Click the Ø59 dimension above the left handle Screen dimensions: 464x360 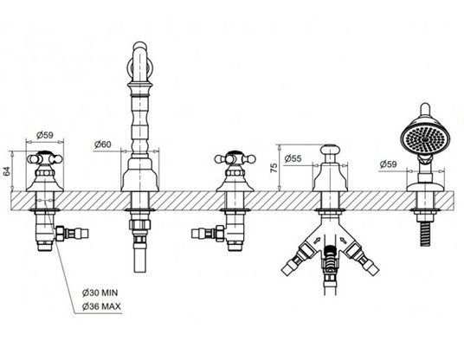(45, 135)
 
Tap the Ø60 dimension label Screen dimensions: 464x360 (103, 145)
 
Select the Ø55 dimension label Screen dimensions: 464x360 (293, 159)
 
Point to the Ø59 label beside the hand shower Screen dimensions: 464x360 (388, 164)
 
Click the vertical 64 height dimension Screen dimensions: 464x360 (8, 171)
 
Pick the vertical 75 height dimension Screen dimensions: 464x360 (274, 168)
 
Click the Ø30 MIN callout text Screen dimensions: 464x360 (100, 292)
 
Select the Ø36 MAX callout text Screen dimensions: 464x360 (101, 306)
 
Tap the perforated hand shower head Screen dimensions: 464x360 (425, 139)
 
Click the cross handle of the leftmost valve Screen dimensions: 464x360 (45, 159)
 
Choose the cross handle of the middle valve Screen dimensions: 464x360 (235, 159)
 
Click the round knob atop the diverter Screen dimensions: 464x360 (330, 149)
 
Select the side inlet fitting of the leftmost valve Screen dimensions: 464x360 (72, 234)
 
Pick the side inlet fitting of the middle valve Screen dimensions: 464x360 (208, 233)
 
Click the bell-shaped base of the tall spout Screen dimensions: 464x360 (140, 175)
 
